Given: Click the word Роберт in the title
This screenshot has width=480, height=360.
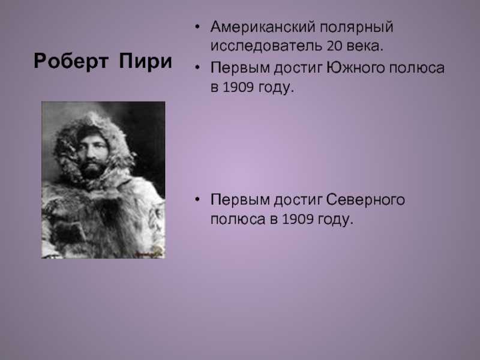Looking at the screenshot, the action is (71, 62).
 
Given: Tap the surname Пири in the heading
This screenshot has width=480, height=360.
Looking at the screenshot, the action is (145, 61).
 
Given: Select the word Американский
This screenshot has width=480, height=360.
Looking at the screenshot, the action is (263, 27).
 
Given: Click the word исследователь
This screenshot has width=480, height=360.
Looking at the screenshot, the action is (266, 47).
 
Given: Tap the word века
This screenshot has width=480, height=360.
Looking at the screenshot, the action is (365, 47).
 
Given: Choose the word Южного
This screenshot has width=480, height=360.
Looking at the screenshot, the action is (355, 68).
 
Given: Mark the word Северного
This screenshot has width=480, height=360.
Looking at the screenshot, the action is (365, 200).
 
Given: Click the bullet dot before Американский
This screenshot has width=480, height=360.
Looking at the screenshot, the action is (197, 26).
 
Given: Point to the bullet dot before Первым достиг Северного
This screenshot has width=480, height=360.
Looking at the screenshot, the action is (197, 199).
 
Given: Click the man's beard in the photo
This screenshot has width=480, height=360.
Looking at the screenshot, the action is (91, 169).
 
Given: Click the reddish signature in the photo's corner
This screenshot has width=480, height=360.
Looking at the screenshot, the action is (148, 253).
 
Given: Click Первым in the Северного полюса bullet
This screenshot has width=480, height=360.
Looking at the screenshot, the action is (239, 200).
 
